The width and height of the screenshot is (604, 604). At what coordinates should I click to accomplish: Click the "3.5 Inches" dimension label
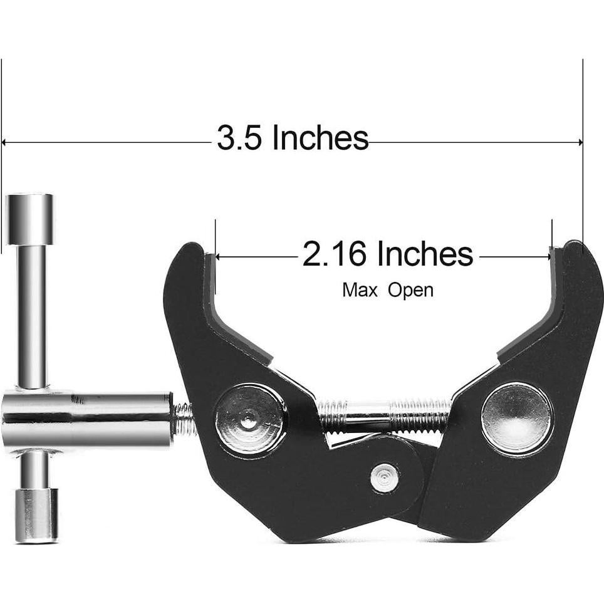point(292,138)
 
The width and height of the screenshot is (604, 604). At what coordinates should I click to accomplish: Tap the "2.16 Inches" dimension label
point(387,254)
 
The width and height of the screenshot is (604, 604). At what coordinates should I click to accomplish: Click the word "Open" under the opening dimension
point(410,290)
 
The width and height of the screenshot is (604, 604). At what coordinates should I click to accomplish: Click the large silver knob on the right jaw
point(517,419)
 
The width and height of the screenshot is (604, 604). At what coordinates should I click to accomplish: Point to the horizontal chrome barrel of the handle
point(88,418)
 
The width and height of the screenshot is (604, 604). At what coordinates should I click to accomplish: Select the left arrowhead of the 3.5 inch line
point(5,142)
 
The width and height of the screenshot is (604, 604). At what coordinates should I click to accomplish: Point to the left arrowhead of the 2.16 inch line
point(219,256)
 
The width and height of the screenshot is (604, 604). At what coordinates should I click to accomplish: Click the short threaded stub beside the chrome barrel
point(182,419)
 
